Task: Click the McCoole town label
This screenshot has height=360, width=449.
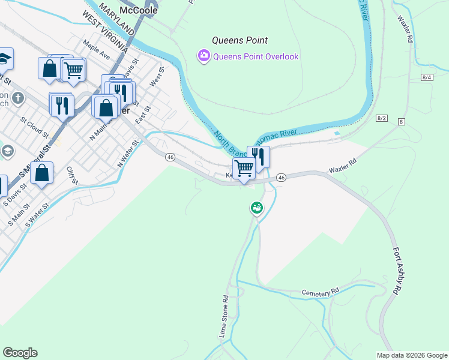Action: point(138,10)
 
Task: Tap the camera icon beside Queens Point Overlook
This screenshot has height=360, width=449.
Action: point(203,56)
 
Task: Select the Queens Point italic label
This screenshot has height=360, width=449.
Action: point(240,41)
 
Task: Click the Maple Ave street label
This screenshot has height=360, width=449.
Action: point(97,50)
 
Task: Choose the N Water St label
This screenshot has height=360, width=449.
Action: point(128,154)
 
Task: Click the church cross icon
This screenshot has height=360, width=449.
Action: point(19,97)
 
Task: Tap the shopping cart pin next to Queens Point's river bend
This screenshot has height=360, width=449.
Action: point(243,168)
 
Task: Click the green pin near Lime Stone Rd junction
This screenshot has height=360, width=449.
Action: point(256,208)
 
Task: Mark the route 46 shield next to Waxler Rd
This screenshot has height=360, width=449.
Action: point(282,177)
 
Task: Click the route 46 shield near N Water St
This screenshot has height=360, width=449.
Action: point(170,157)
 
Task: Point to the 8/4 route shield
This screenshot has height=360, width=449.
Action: point(427,77)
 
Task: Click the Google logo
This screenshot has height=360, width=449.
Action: point(20,353)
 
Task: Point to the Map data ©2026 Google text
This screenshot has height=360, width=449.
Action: point(411,355)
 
